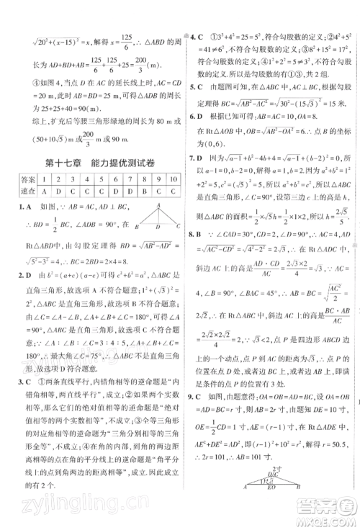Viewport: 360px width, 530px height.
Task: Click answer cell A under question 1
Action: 44,192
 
